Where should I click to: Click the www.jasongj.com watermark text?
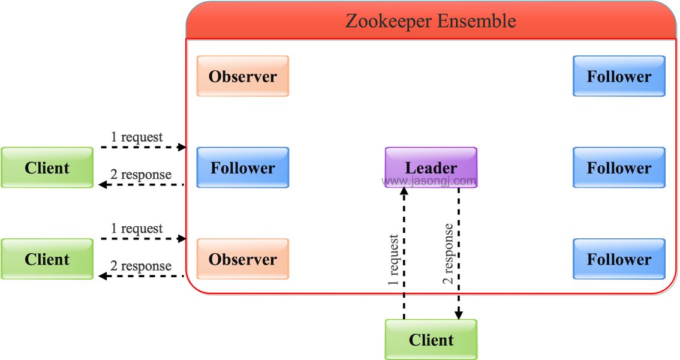tap(429, 181)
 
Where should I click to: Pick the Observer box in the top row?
tap(243, 76)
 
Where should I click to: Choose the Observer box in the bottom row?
tap(243, 259)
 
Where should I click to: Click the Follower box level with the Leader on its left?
tap(243, 167)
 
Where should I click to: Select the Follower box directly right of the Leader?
tap(619, 167)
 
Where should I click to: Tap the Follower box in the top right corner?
tap(619, 76)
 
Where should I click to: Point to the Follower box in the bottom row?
tap(619, 259)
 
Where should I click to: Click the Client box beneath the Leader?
tap(431, 340)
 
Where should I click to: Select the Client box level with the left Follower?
tap(47, 167)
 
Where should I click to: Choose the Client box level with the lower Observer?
tap(47, 259)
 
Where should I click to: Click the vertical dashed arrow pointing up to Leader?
tap(404, 252)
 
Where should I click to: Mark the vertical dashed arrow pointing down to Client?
tap(459, 252)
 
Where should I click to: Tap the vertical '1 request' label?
tap(393, 259)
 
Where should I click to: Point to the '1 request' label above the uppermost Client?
tap(137, 137)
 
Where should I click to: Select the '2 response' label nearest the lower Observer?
tap(141, 266)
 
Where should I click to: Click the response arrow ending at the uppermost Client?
tap(141, 185)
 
